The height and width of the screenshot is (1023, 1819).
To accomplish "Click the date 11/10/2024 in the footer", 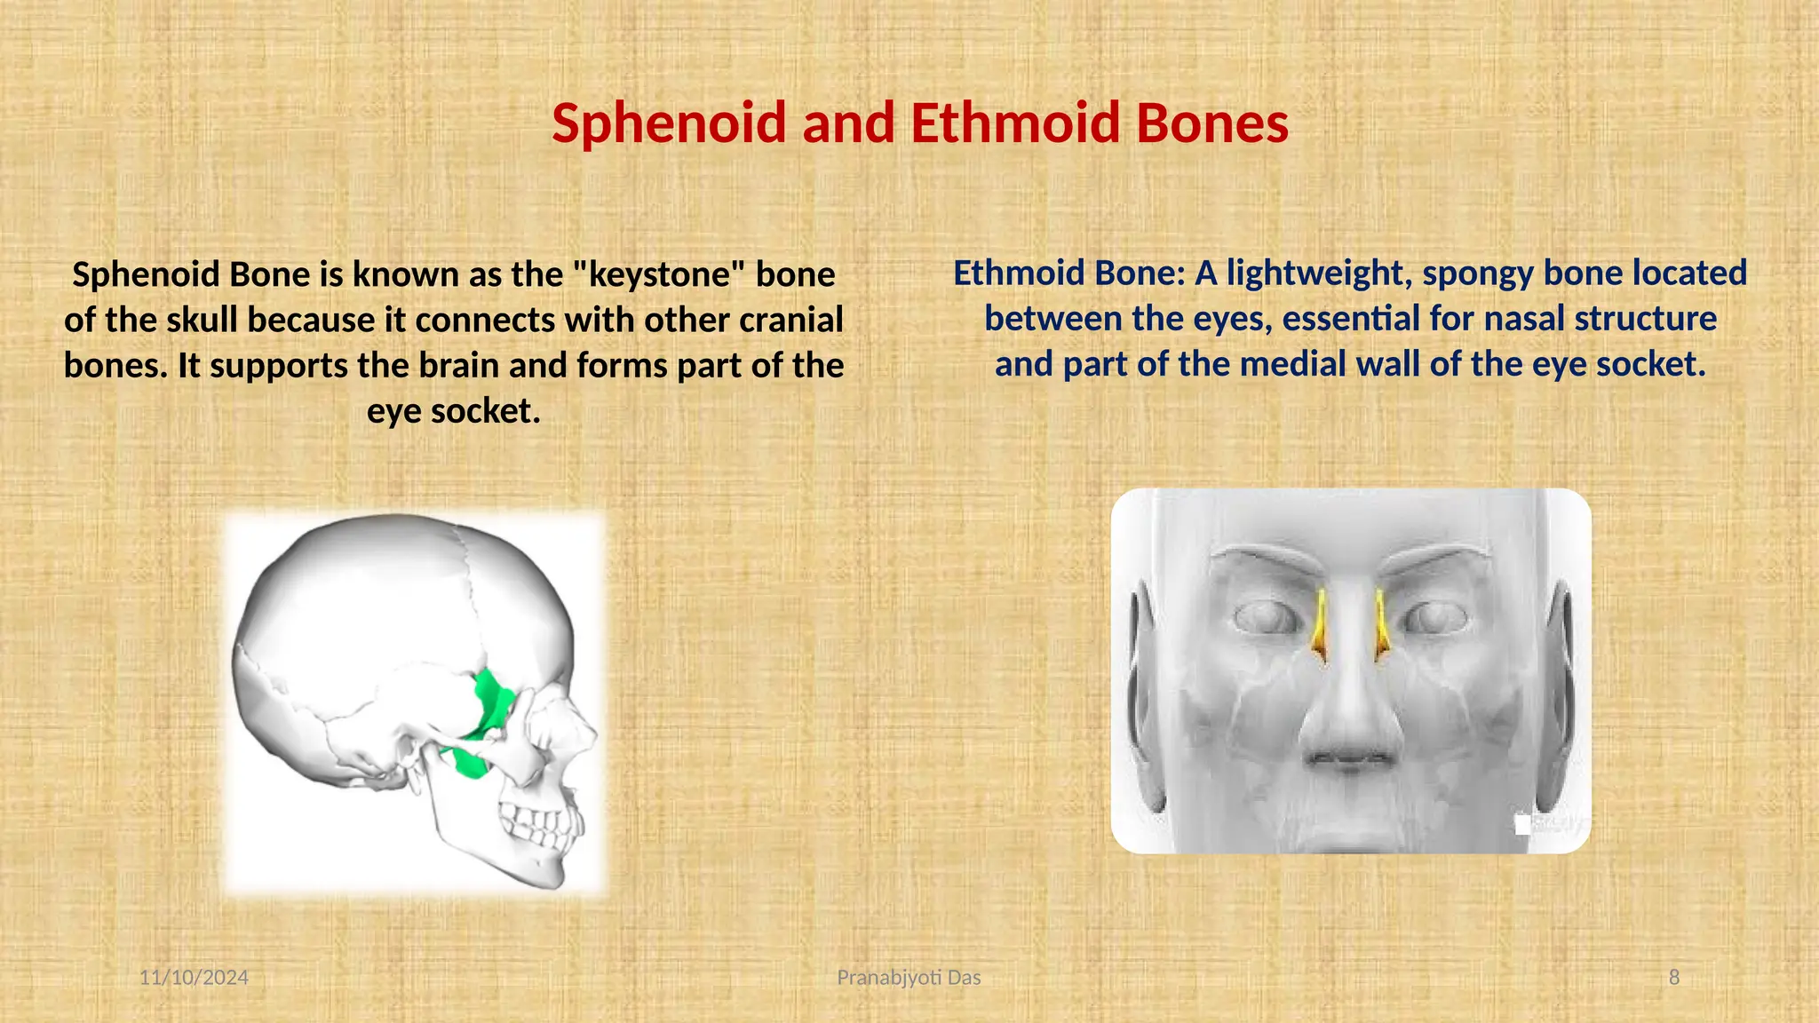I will click(x=194, y=978).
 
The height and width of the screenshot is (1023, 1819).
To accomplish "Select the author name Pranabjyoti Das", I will click(x=909, y=978).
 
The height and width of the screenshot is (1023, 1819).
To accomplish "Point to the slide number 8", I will click(x=1674, y=978).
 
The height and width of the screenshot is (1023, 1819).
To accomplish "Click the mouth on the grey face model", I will click(x=1348, y=759).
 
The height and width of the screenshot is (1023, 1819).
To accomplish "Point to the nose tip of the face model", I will click(x=1348, y=719).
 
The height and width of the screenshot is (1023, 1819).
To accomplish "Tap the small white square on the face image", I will click(x=1522, y=825).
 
